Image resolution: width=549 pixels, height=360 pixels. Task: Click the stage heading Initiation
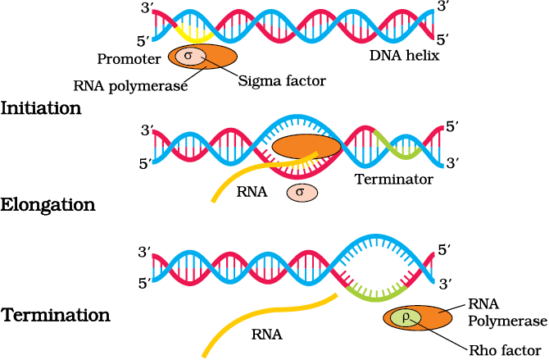click(41, 108)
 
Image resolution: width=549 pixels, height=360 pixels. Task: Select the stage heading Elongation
click(48, 205)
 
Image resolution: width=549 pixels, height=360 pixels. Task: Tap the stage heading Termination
click(56, 315)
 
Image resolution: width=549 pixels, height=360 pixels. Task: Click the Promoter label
click(129, 59)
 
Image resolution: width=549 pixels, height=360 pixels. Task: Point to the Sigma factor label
click(282, 81)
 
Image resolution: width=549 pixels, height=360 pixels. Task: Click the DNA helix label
click(405, 56)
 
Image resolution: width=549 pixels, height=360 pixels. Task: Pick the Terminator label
click(394, 179)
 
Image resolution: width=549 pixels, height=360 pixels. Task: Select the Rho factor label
click(505, 350)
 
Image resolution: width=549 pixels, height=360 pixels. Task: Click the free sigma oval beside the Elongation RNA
click(302, 193)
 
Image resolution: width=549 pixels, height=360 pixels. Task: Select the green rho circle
click(405, 318)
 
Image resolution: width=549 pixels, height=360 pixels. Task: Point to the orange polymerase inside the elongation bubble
click(306, 147)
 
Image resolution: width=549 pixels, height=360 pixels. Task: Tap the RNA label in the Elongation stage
click(252, 192)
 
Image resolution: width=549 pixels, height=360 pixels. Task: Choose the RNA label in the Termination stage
click(267, 335)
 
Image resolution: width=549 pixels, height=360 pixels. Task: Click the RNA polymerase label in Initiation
click(130, 86)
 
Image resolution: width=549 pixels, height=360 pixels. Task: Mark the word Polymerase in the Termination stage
click(508, 321)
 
